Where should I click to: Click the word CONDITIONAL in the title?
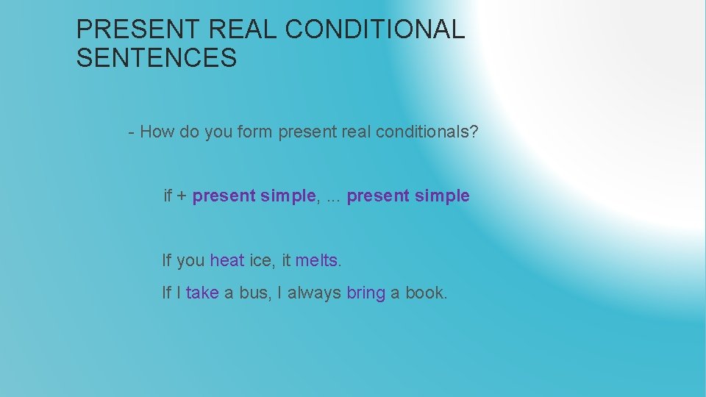pos(375,30)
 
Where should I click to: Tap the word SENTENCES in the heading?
pos(157,58)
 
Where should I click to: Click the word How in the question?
pos(154,132)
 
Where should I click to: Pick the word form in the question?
pos(254,132)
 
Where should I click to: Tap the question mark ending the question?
pos(474,132)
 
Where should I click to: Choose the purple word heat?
pos(227,260)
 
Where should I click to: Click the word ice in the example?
pos(260,260)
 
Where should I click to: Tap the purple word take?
pos(202,293)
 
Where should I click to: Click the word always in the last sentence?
pos(314,293)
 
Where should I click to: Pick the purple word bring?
pos(366,293)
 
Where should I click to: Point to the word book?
pos(424,293)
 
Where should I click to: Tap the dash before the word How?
pos(131,133)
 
